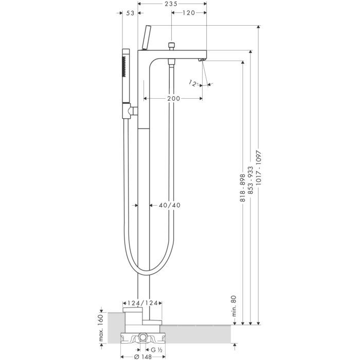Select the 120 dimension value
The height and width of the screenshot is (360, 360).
[188, 13]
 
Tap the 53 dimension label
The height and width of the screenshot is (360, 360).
[130, 13]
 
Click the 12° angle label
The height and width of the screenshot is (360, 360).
[194, 83]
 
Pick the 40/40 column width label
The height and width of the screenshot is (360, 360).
[169, 205]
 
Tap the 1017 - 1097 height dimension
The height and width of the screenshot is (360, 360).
[259, 171]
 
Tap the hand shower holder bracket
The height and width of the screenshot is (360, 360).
[133, 110]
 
